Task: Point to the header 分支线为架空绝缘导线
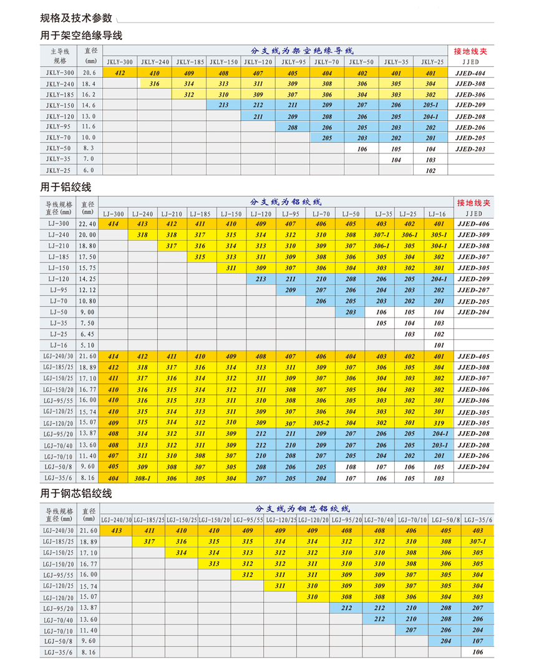click(x=302, y=51)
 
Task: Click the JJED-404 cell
click(x=470, y=73)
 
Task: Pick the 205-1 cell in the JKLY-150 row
click(x=430, y=105)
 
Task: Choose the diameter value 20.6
click(x=89, y=73)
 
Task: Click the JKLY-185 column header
click(x=190, y=62)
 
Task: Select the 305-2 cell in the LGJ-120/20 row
click(x=321, y=423)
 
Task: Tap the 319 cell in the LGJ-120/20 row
click(x=439, y=423)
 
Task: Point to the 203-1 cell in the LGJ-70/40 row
click(x=439, y=445)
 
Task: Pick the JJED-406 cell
click(x=473, y=224)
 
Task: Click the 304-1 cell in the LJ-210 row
click(x=439, y=246)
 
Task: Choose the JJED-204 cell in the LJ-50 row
click(x=473, y=312)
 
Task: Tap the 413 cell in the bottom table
click(x=116, y=530)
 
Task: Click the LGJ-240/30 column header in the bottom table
click(x=116, y=519)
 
